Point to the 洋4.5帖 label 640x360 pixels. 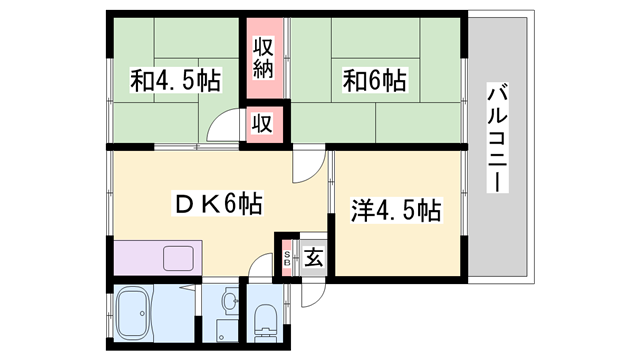pyautogui.click(x=395, y=211)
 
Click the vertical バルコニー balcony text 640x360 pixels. pyautogui.click(x=496, y=140)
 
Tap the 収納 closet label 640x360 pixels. pyautogui.click(x=264, y=57)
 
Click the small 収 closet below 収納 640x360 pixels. pyautogui.click(x=263, y=124)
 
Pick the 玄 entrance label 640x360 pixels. pyautogui.click(x=313, y=258)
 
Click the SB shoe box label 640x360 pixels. pyautogui.click(x=287, y=258)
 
